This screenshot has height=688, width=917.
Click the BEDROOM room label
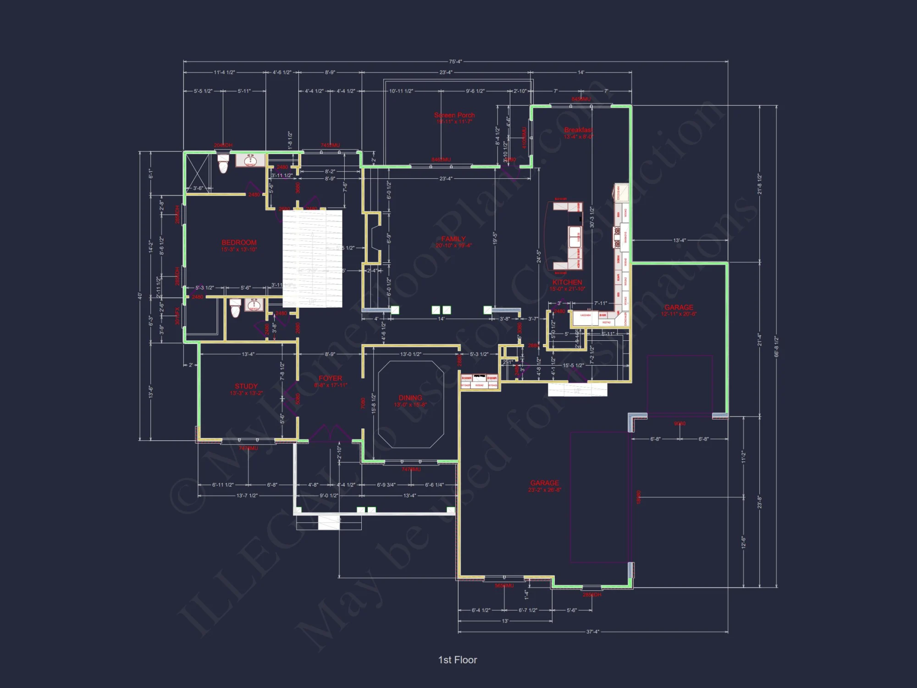point(239,243)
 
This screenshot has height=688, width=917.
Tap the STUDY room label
point(246,386)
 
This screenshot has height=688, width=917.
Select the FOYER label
point(331,378)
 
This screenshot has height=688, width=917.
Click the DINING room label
point(410,398)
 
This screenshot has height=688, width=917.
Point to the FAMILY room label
point(453,239)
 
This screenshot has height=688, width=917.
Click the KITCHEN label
point(567,283)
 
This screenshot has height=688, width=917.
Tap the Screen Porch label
point(454,115)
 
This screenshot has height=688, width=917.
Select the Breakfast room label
point(578,130)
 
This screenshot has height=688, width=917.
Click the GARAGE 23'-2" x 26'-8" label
point(545,483)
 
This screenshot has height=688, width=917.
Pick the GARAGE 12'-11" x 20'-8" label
point(679,307)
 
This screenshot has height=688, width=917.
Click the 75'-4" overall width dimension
point(455,61)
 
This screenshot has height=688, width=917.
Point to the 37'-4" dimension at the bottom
point(592,632)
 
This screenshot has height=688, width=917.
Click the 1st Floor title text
point(458,660)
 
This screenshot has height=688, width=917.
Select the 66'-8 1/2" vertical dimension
point(776,346)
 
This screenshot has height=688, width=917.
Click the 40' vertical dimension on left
point(140,296)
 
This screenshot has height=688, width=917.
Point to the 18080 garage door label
point(639,497)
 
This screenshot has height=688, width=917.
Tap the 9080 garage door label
point(679,423)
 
